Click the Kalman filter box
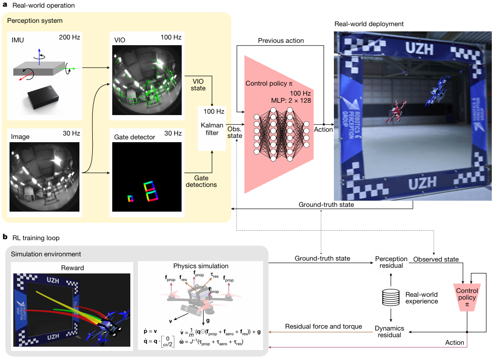212,128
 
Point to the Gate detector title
135,137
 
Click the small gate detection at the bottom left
130,198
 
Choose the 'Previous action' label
281,40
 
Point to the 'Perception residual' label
391,262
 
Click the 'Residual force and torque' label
324,327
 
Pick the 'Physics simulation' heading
202,266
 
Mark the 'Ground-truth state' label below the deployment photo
327,205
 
